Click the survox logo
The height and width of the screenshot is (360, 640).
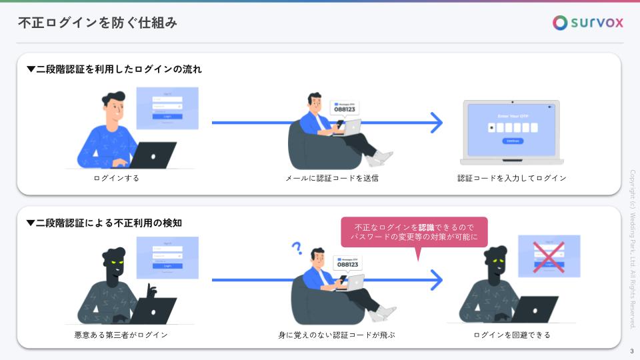pyautogui.click(x=588, y=23)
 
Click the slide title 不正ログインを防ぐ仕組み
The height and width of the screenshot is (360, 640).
pyautogui.click(x=97, y=23)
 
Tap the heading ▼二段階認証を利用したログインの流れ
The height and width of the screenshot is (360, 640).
pyautogui.click(x=114, y=69)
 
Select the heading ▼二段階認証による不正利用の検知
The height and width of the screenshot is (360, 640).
pyautogui.click(x=104, y=223)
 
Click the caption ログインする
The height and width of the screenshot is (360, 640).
pyautogui.click(x=117, y=178)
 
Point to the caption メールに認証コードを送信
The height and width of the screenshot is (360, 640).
pyautogui.click(x=332, y=178)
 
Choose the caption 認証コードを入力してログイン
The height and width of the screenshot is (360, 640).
pyautogui.click(x=512, y=178)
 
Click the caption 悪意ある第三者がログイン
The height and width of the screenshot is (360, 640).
pyautogui.click(x=121, y=335)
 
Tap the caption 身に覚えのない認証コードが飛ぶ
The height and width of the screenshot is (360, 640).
pyautogui.click(x=337, y=335)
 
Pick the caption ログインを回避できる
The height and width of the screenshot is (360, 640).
pyautogui.click(x=512, y=335)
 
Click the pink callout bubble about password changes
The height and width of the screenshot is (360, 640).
pyautogui.click(x=414, y=233)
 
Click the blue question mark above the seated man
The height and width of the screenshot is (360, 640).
pyautogui.click(x=297, y=248)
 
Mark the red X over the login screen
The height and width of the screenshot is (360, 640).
pyautogui.click(x=549, y=257)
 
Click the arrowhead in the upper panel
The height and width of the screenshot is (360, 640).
pyautogui.click(x=436, y=123)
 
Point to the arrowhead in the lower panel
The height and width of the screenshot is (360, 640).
pyautogui.click(x=436, y=280)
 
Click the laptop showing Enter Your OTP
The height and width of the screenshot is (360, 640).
pyautogui.click(x=511, y=132)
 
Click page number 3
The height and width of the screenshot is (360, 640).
pyautogui.click(x=631, y=351)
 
